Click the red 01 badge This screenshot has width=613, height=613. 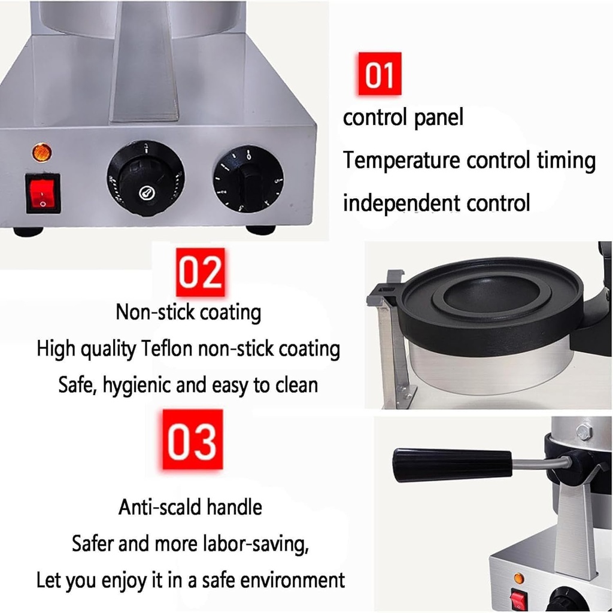point(379,74)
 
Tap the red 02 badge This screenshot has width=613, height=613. point(201,272)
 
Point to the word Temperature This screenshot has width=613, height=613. point(402,160)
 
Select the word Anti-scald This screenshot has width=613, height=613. point(160,507)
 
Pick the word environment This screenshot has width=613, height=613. point(292,580)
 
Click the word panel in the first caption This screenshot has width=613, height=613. point(438,118)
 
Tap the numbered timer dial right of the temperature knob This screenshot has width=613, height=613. point(248,180)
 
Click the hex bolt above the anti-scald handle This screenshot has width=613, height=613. point(584,432)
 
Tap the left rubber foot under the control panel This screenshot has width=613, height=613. point(28,232)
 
